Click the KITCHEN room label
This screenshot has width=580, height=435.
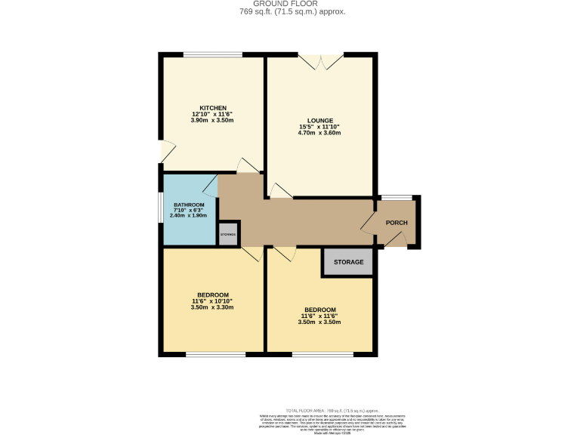tap(213, 107)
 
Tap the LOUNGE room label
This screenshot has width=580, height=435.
tap(319, 120)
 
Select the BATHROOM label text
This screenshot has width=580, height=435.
tap(190, 205)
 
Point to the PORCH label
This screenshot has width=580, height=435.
tap(396, 223)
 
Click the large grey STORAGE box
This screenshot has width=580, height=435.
tap(349, 262)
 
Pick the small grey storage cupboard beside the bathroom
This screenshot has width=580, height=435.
tap(228, 234)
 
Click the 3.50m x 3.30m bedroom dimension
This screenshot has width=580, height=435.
tap(213, 307)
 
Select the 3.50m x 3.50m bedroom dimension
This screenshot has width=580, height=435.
tap(319, 322)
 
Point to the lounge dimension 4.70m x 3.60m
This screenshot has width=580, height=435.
tap(319, 133)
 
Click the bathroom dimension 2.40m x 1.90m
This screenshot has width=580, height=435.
tap(190, 215)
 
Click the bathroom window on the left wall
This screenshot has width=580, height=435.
tap(161, 209)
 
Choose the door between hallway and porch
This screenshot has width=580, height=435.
tap(370, 221)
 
